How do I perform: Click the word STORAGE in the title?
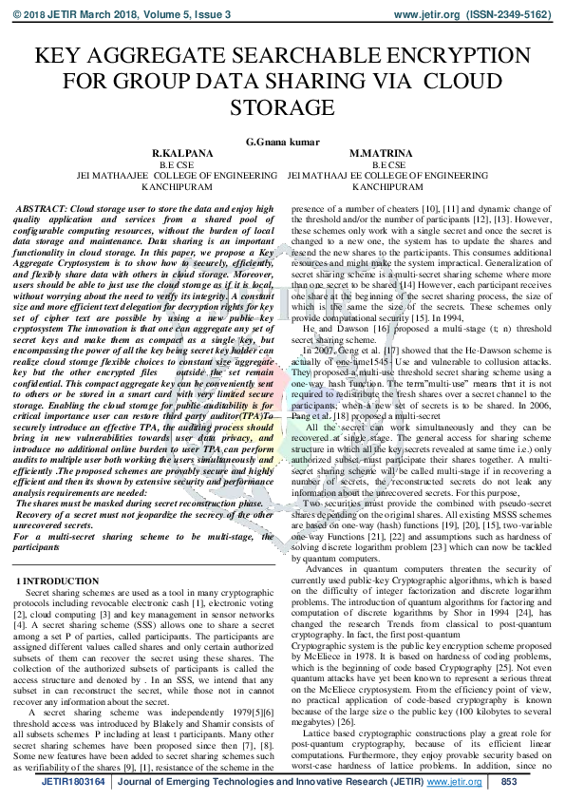click(282, 106)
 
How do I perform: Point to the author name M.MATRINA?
click(380, 154)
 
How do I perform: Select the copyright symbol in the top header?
click(15, 16)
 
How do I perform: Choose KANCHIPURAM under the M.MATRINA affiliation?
click(380, 187)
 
